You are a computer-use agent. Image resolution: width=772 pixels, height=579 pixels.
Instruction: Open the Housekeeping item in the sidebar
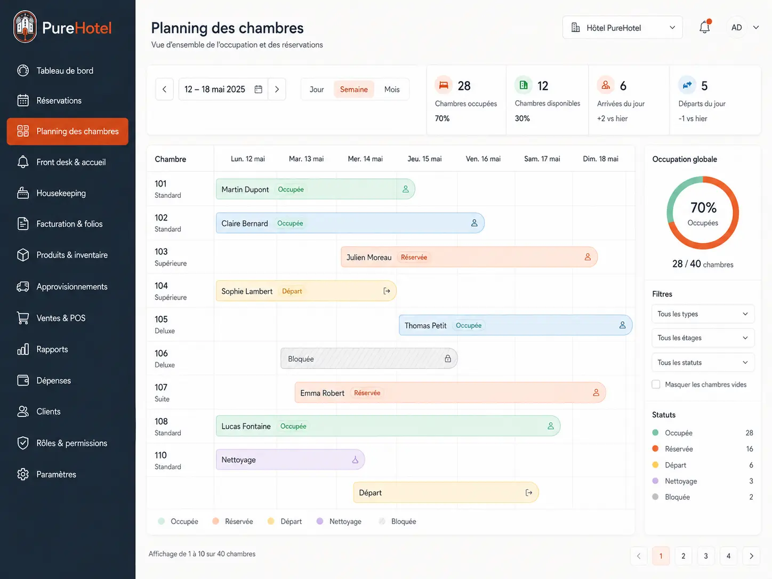[61, 193]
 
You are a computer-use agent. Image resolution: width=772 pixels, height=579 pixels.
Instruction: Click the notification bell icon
[704, 27]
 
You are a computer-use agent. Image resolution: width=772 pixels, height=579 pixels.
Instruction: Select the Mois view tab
[392, 89]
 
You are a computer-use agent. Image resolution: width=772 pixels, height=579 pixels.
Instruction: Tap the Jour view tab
[317, 89]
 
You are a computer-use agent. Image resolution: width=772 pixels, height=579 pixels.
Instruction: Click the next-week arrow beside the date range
[277, 89]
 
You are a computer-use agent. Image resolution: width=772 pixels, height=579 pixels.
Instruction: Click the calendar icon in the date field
[259, 89]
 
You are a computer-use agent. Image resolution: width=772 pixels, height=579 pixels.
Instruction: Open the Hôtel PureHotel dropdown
[622, 27]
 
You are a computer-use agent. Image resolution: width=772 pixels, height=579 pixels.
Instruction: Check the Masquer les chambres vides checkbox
[656, 384]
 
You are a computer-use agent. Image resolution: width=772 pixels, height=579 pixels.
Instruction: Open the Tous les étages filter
[703, 338]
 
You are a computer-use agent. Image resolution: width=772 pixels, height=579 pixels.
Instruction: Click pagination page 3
[705, 556]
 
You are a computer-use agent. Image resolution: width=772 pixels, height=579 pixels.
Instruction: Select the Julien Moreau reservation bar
[469, 257]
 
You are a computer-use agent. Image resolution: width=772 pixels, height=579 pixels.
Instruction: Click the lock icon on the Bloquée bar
[447, 359]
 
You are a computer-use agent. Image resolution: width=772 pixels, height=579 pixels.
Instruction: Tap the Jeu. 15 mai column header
[424, 159]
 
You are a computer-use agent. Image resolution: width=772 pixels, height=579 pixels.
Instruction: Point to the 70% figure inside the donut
[703, 207]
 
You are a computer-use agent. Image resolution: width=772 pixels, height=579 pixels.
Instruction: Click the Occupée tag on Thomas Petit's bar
[469, 326]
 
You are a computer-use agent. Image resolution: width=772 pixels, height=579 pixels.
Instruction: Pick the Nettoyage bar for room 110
[290, 460]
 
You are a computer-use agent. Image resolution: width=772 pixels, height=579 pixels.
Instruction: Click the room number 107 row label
[160, 388]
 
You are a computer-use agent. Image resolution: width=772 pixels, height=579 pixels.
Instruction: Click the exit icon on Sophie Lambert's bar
[387, 291]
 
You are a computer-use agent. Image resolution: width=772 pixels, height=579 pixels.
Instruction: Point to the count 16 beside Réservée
[750, 449]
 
